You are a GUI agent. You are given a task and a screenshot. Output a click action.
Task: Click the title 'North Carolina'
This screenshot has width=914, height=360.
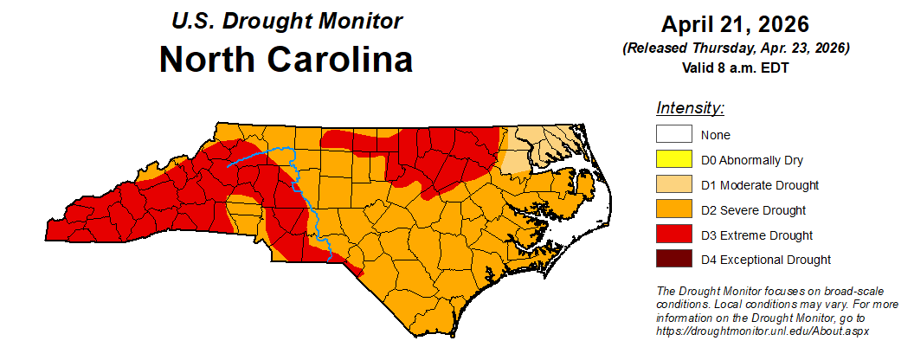[x=286, y=60]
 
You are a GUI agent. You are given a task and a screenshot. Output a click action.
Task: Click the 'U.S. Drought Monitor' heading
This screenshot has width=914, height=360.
[x=286, y=20]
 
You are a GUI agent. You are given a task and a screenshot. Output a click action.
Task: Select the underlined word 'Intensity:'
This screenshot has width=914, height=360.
[x=689, y=108]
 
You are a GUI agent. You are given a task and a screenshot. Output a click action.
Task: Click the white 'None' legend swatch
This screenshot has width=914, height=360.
[x=673, y=135]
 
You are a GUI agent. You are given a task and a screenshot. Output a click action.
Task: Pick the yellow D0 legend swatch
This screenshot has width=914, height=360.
[x=673, y=160]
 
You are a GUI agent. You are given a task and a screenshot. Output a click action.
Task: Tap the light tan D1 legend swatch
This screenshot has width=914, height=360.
[x=673, y=185]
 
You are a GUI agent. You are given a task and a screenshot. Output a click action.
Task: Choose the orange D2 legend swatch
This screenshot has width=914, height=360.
[x=673, y=210]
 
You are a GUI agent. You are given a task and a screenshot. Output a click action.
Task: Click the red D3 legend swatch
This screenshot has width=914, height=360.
[x=673, y=235]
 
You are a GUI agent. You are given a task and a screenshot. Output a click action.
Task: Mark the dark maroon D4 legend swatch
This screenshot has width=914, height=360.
[x=673, y=260]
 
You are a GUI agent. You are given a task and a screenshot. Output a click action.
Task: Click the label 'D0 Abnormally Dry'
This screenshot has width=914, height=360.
[x=751, y=160]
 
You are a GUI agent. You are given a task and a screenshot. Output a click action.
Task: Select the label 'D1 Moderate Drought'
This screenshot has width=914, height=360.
[x=759, y=185]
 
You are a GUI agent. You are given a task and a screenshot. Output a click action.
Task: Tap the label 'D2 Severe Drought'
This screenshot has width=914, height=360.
[x=753, y=210]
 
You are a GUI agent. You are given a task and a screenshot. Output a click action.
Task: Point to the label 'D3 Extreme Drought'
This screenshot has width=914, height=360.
[x=756, y=235]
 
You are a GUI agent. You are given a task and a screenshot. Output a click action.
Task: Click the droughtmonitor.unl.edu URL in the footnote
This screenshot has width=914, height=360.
[x=763, y=331]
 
